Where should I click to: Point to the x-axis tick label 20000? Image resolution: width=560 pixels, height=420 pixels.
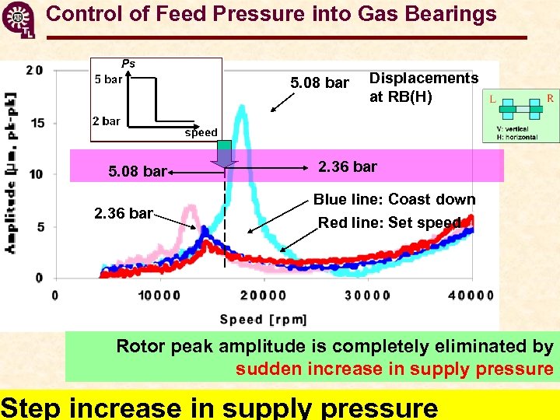pos(263,296)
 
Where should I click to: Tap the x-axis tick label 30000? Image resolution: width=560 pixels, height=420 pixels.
pos(367,296)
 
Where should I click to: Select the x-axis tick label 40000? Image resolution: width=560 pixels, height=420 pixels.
pos(471,296)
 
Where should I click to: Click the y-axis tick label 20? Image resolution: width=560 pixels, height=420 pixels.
pos(34,70)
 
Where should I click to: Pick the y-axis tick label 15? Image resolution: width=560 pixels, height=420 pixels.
pos(37,122)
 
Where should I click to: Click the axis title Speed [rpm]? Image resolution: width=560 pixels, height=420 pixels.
pos(264,319)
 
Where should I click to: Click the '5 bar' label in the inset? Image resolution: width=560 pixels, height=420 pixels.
pos(108,79)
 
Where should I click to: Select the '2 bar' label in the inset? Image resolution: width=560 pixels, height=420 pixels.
pos(106,121)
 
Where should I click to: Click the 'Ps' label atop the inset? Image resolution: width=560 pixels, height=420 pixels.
pos(128,64)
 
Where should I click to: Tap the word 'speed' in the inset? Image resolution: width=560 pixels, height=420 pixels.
pos(201,132)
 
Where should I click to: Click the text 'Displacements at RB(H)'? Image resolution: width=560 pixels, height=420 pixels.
pos(423,87)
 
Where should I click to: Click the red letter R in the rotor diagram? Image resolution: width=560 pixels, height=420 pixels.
pos(550,98)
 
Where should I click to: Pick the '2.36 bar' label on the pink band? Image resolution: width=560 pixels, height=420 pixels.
pos(348,166)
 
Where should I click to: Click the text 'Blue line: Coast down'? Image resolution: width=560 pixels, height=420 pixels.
pos(394,199)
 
